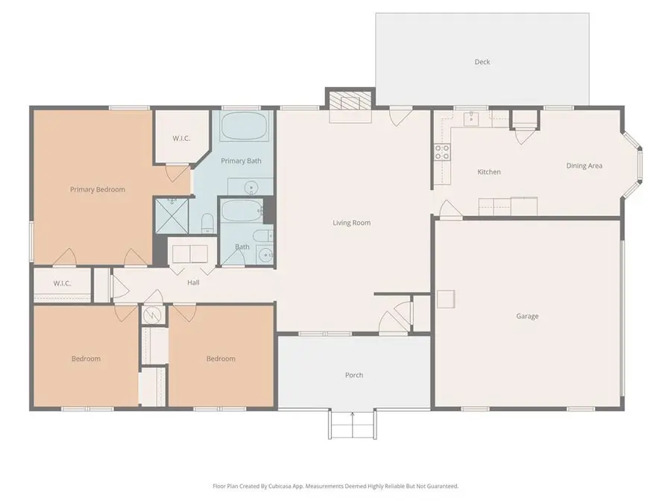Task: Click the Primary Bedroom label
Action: (98, 189)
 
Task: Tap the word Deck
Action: (482, 62)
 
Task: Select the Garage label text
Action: (527, 316)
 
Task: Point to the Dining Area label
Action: (585, 165)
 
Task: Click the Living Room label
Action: (351, 223)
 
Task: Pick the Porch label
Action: (354, 375)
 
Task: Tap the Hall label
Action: (193, 282)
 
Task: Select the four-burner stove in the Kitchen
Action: (442, 152)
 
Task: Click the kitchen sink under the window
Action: (472, 118)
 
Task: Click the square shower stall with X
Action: (169, 213)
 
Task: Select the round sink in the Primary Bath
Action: (252, 187)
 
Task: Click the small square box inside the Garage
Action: (445, 299)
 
